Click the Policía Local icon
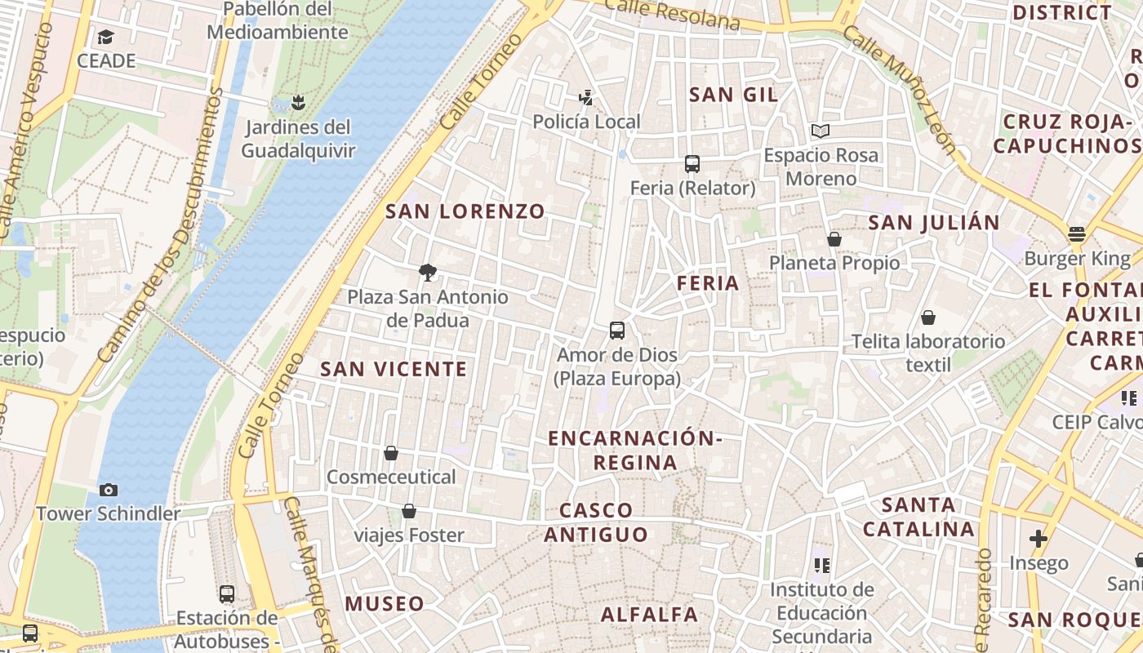585,98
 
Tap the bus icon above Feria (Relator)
692,163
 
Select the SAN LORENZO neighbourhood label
465,211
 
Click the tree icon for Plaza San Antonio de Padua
427,273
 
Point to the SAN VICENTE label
394,369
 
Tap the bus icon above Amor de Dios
617,331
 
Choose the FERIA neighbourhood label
708,283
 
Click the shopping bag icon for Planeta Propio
834,239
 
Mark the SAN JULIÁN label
934,223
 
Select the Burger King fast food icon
1077,235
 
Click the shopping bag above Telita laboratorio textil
928,318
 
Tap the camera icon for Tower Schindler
109,490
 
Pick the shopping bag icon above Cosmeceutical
391,453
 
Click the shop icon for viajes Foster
409,512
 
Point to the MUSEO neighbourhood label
385,604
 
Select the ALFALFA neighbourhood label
650,615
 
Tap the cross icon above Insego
1038,539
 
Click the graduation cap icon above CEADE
106,37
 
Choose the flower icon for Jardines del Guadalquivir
299,103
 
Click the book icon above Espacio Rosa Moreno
821,131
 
